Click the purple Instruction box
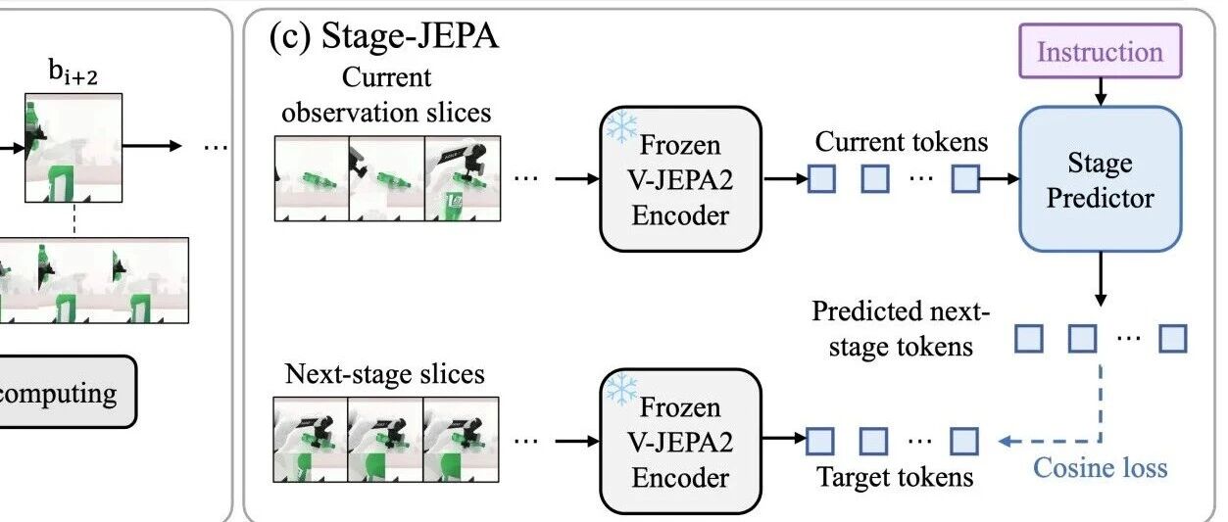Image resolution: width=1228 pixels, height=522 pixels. pos(1101,51)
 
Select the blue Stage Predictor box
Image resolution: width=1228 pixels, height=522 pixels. pos(1101,179)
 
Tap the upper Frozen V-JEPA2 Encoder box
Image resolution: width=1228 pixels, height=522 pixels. pos(680,179)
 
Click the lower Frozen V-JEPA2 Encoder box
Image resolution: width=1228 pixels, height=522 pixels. pos(680,442)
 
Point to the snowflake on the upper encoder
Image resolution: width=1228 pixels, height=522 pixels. pos(621,127)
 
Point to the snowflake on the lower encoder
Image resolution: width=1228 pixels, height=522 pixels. pos(621,390)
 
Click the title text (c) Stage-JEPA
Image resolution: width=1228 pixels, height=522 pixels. pos(384,36)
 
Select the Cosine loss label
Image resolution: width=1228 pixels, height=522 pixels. pos(1101,468)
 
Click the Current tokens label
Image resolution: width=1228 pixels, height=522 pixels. pos(902,142)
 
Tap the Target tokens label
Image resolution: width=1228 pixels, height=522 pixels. pos(895,477)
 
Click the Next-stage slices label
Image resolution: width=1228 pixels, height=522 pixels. pos(385,374)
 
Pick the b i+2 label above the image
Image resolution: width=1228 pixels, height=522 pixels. pos(73,72)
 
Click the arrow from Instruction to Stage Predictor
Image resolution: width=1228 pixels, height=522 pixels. pos(1101,92)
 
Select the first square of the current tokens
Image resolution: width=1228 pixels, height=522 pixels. pos(822,178)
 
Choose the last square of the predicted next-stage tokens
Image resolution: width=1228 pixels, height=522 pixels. pos(1173,338)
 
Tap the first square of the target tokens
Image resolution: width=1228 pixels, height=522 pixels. pos(820,442)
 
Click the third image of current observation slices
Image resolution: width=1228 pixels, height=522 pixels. pos(463,178)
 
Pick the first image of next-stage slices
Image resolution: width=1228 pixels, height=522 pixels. pos(311,440)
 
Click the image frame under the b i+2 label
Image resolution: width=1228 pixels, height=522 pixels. pos(74,148)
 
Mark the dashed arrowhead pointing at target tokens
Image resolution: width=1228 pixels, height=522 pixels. pos(1005,441)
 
